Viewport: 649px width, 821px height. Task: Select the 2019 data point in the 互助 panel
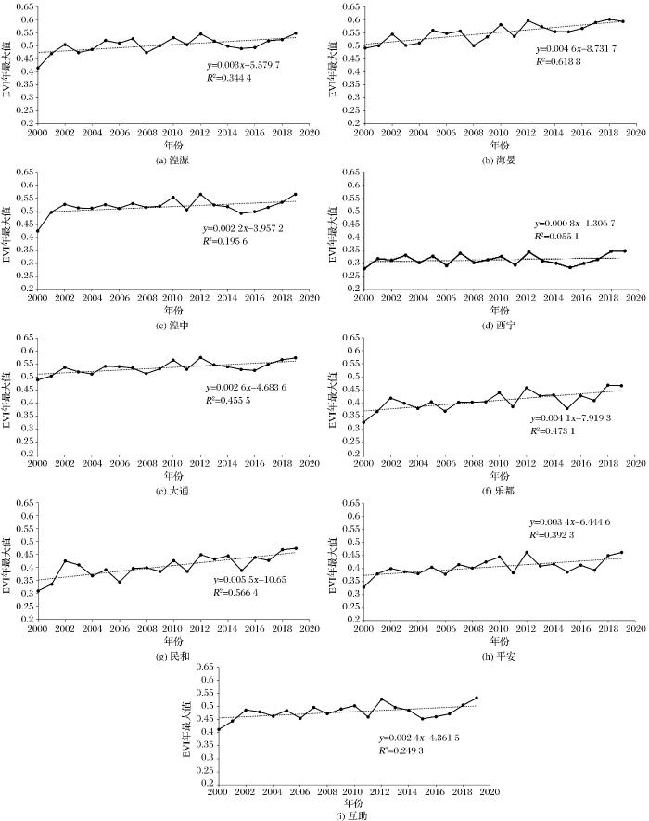(477, 699)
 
